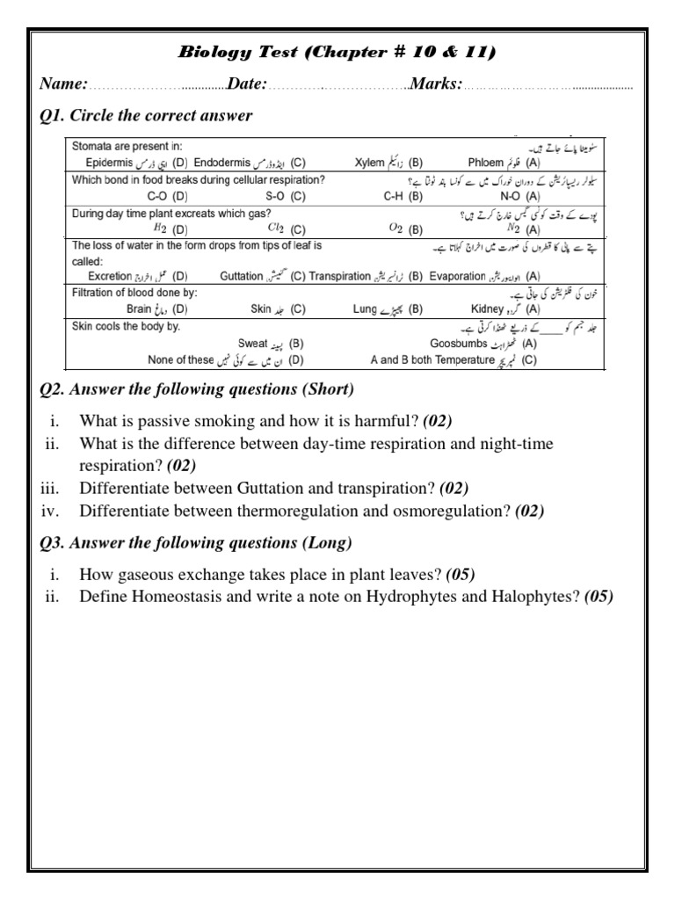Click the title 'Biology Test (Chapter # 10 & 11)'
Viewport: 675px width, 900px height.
(337, 54)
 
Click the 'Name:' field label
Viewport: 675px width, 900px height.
(63, 84)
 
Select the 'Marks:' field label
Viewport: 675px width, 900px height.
(436, 84)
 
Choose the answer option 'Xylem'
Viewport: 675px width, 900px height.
(369, 163)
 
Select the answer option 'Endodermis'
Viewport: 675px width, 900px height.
(222, 163)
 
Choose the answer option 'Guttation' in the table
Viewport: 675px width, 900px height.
(242, 275)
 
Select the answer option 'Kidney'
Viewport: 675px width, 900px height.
(487, 308)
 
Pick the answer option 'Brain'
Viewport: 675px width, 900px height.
(140, 308)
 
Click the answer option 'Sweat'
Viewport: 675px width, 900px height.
(252, 343)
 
